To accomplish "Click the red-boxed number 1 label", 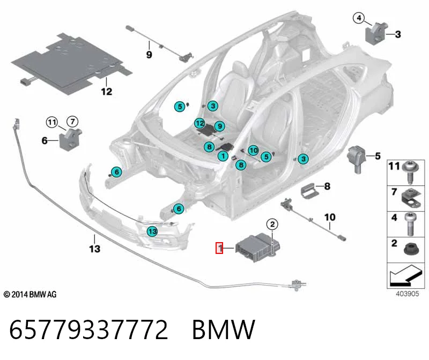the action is point(219,248).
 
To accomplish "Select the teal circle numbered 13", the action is point(152,231).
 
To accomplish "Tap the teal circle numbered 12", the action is point(199,124).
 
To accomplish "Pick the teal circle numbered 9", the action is point(219,126).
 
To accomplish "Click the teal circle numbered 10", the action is point(253,151).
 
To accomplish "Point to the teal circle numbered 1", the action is point(223,156).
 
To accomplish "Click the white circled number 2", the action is point(272,224).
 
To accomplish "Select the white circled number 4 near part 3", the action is point(359,18).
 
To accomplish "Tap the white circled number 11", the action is point(51,122).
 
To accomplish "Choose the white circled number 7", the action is point(72,121).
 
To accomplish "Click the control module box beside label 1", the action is point(257,247).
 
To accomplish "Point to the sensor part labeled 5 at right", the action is point(357,159).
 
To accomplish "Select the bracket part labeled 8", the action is point(310,190).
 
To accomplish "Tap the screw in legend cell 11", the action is point(410,172).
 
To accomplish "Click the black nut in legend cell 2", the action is point(411,249).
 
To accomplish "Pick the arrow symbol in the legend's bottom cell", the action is point(404,275).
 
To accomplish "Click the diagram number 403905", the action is point(408,294).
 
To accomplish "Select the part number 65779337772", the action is point(88,329).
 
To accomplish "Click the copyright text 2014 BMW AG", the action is point(30,295).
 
